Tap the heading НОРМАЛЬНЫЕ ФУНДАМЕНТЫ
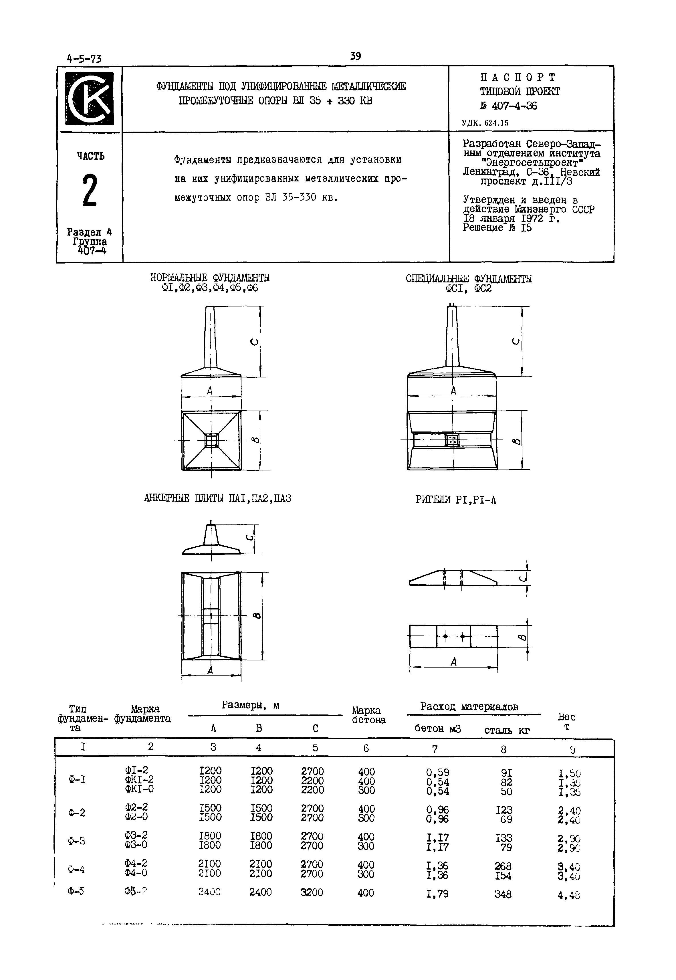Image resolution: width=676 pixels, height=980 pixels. tap(210, 278)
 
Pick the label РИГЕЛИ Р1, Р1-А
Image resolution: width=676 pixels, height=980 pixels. tap(456, 500)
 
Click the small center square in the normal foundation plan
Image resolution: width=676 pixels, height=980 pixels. tap(211, 440)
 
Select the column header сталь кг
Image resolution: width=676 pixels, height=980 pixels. tap(507, 730)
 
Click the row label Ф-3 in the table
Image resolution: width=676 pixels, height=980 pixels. tap(77, 841)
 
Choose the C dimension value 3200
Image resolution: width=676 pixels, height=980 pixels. tap(312, 892)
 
